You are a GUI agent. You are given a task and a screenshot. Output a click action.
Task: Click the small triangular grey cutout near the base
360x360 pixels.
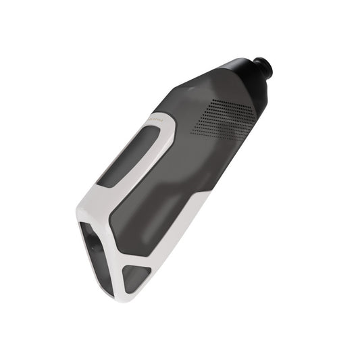[x=136, y=277]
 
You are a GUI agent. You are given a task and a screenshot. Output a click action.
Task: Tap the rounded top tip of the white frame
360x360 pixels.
[x=162, y=116]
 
